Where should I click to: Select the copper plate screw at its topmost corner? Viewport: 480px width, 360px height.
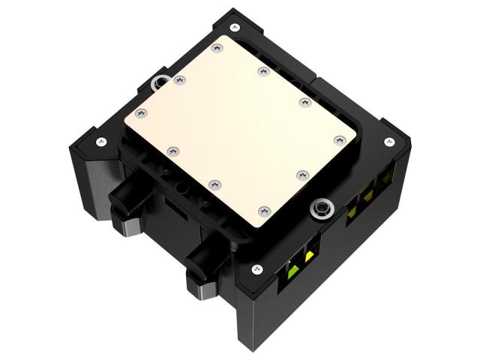[217, 47]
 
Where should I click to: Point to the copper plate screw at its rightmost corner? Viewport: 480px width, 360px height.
[339, 139]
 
